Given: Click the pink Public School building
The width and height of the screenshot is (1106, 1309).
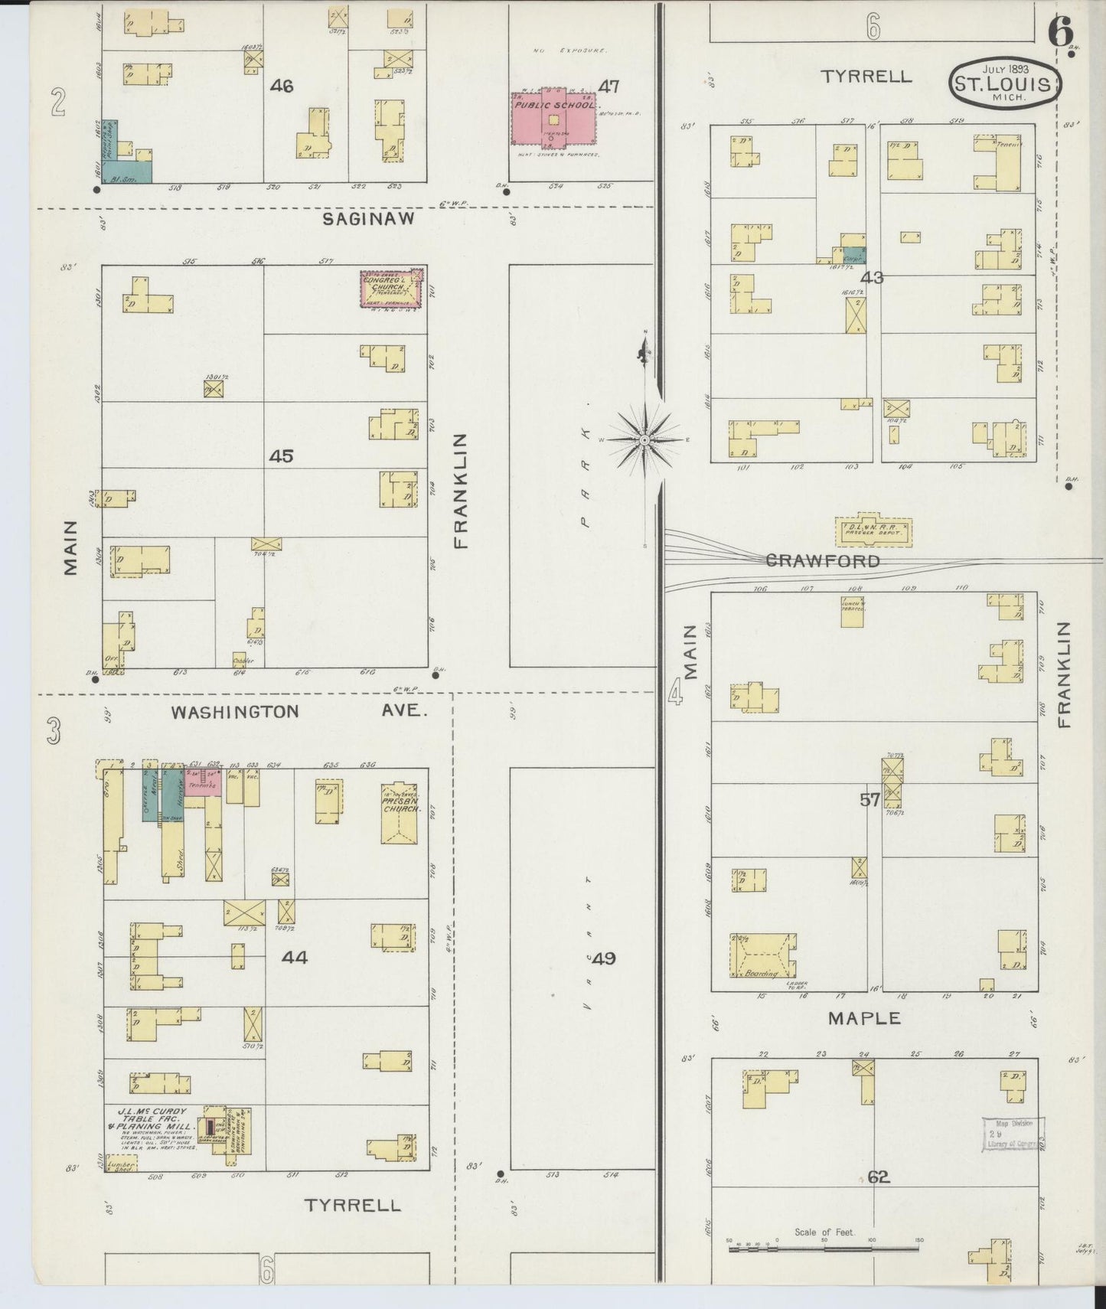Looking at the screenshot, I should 553,119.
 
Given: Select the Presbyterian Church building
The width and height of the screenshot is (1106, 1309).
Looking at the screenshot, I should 400,813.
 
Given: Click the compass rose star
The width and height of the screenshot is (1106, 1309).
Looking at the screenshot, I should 644,440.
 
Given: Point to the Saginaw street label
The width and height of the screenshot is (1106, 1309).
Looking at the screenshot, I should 368,219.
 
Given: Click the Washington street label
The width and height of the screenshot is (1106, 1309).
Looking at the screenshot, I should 235,712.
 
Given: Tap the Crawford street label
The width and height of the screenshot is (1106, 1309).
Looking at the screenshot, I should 823,561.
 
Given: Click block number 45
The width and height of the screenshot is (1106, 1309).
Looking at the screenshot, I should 281,456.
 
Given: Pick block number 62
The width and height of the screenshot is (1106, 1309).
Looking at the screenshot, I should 878,1177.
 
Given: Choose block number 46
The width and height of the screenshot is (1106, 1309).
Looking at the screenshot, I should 281,86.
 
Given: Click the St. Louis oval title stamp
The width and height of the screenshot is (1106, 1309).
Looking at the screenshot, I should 1006,83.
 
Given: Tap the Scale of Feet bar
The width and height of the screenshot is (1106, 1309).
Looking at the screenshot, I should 824,1249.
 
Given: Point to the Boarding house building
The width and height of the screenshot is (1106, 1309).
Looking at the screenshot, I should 762,957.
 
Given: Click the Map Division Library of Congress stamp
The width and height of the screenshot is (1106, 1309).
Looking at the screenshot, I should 1013,1134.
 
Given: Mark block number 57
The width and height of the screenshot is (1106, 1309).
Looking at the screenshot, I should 869,801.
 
